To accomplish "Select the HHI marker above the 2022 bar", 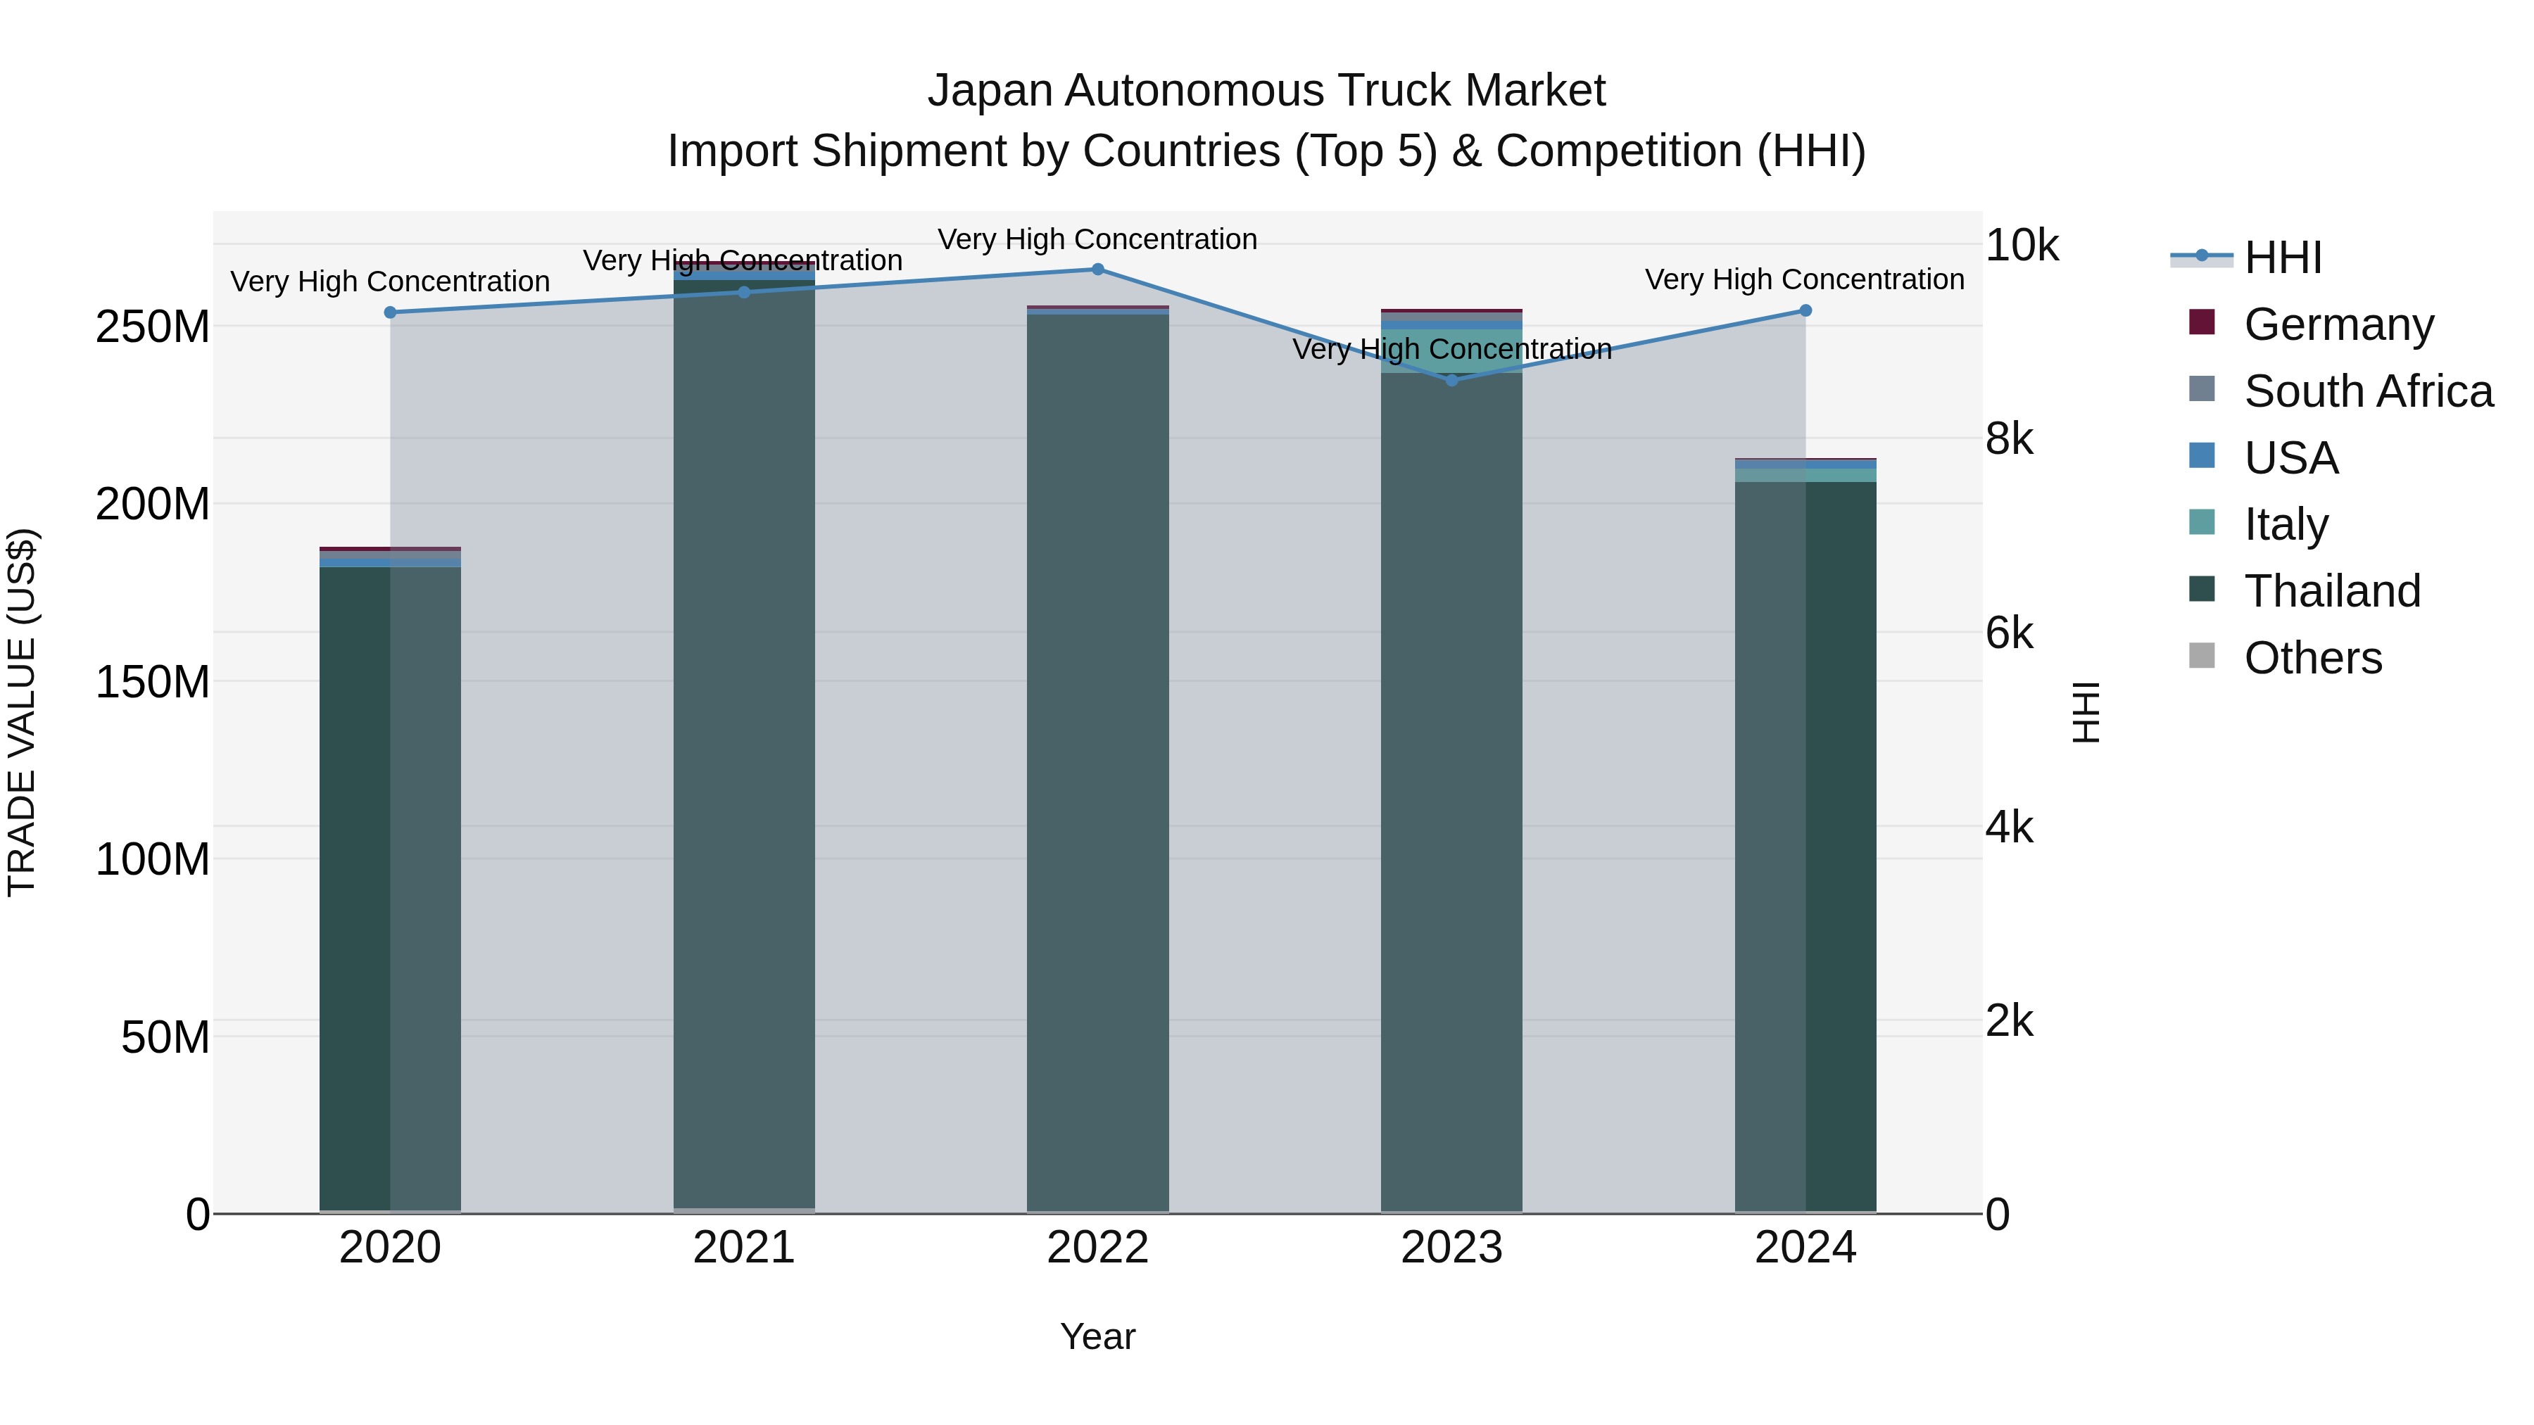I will click(1098, 270).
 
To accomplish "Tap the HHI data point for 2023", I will click(1452, 381).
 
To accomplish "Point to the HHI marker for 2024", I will click(1805, 311).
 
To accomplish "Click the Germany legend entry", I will click(2338, 324).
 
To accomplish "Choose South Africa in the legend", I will click(2368, 391).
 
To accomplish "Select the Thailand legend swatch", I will click(2202, 590).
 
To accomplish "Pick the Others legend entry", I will click(2313, 658).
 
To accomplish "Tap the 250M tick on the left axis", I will click(153, 327).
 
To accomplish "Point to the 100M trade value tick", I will click(153, 859).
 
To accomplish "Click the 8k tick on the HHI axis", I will click(2009, 440).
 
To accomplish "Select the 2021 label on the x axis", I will click(744, 1248).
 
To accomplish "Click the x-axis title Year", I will click(1098, 1336).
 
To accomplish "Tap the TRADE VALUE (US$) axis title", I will click(22, 712).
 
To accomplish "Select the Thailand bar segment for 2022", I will click(1098, 757).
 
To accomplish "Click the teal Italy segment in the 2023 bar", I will click(1452, 351).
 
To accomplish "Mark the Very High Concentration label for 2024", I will click(1805, 279).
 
